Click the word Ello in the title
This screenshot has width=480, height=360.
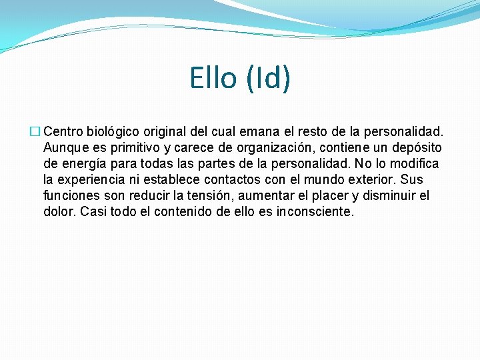(213, 78)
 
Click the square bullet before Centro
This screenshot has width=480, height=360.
(37, 131)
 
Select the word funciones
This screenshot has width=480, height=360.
(70, 195)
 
